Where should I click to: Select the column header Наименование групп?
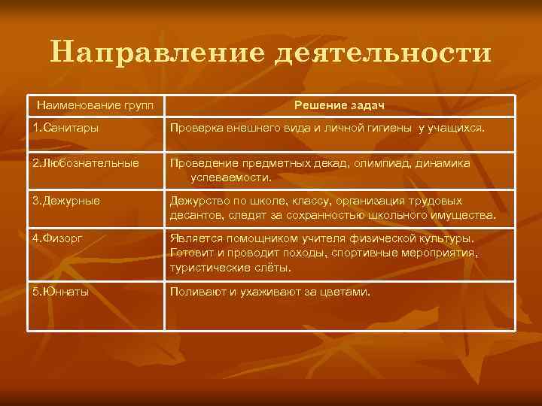[95, 104]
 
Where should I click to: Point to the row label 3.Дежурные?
[66, 201]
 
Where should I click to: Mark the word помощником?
[269, 239]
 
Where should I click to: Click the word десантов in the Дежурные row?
[195, 215]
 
